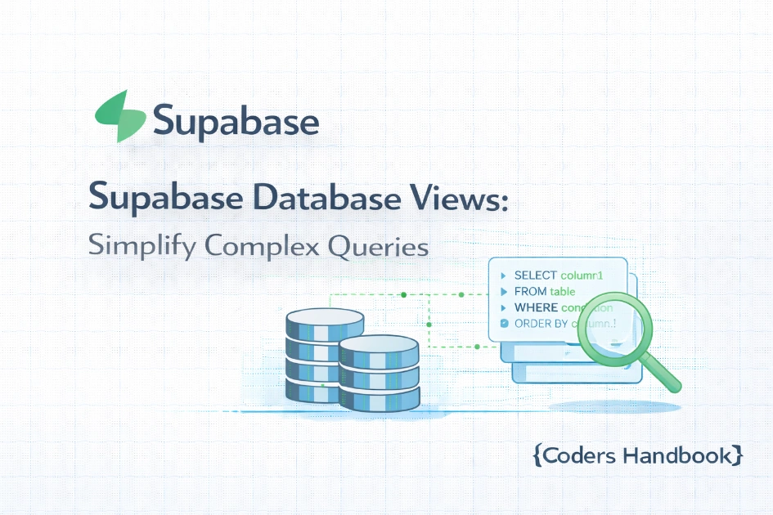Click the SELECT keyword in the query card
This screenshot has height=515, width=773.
pyautogui.click(x=536, y=275)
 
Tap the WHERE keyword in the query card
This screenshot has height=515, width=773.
pyautogui.click(x=535, y=308)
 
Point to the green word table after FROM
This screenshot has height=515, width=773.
pyautogui.click(x=563, y=292)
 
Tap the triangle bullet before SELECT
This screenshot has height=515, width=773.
pyautogui.click(x=503, y=275)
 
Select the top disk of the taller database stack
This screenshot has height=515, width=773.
pyautogui.click(x=325, y=318)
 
